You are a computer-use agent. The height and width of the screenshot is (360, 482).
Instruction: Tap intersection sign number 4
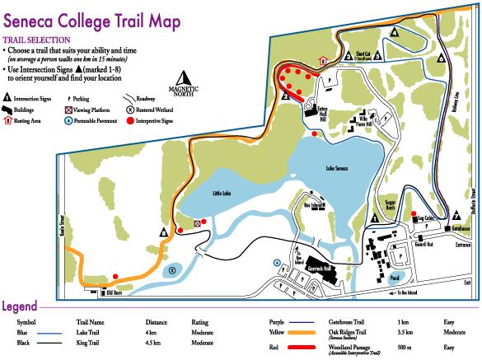pos(395,32)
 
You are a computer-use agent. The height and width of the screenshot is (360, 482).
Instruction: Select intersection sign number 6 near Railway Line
pos(442,59)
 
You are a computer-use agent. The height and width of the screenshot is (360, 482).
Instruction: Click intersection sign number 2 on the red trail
pos(283,96)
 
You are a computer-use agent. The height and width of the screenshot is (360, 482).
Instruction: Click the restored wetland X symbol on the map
pos(171,269)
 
